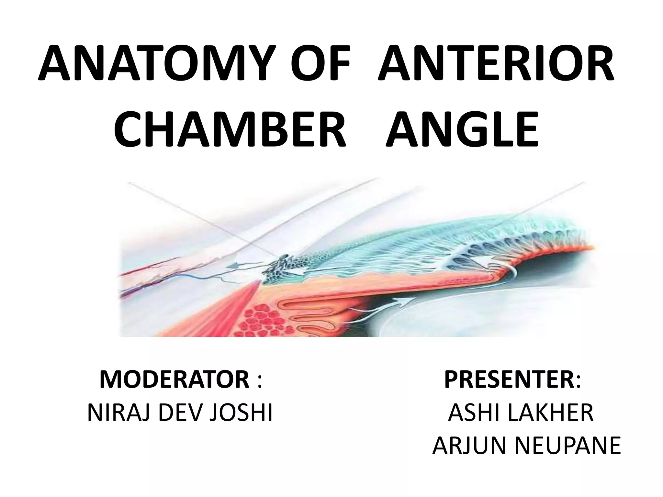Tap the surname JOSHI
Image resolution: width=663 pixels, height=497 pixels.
click(241, 413)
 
